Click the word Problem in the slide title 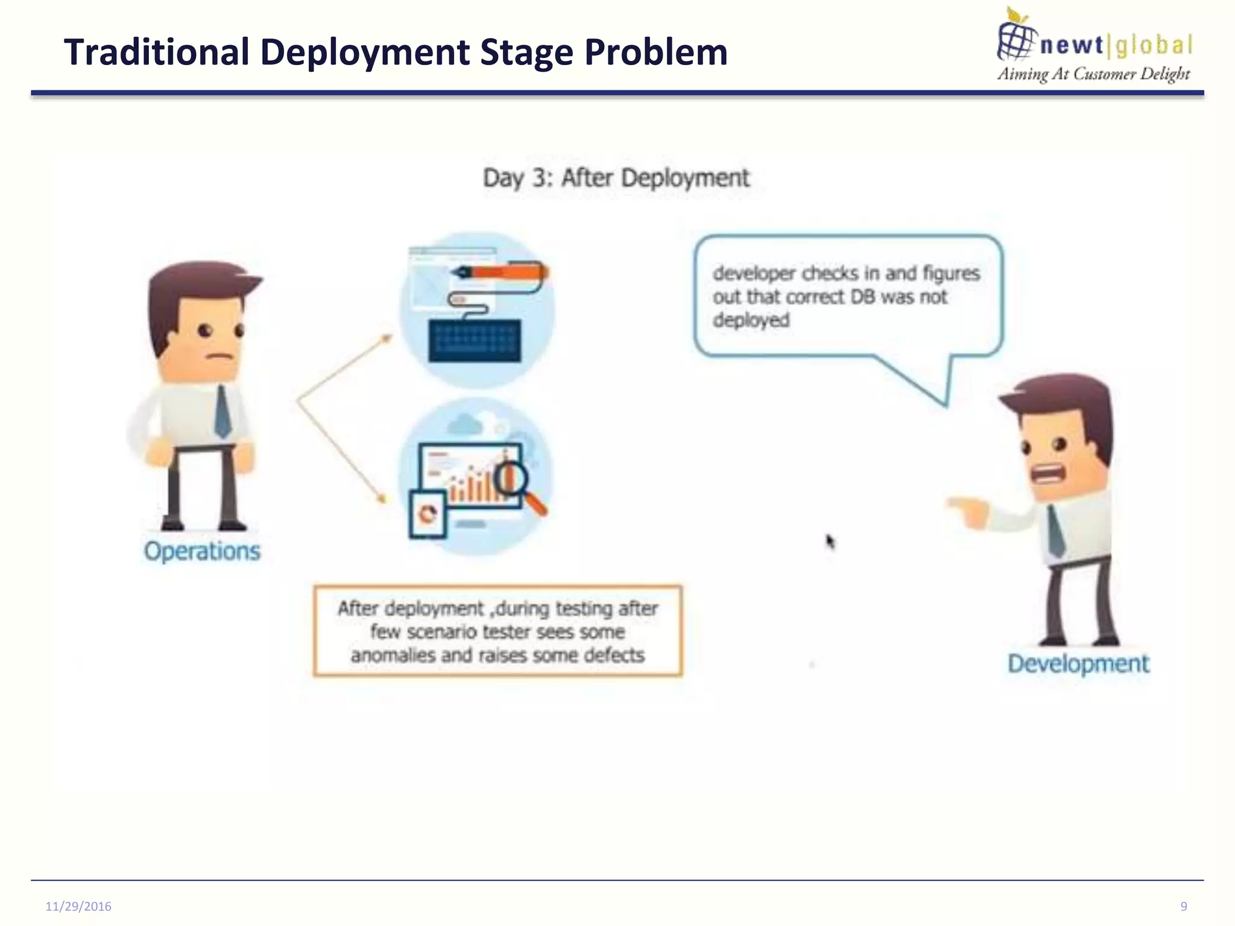tap(655, 52)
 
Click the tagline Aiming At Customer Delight tap(1093, 74)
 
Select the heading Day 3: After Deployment tap(616, 178)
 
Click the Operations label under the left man tap(202, 551)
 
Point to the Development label tap(1078, 663)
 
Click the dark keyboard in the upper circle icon tap(475, 341)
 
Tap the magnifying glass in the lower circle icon tap(516, 483)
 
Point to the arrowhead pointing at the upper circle tap(386, 338)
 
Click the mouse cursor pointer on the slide tap(830, 541)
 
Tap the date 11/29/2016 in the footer tap(78, 906)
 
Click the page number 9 tap(1184, 906)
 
